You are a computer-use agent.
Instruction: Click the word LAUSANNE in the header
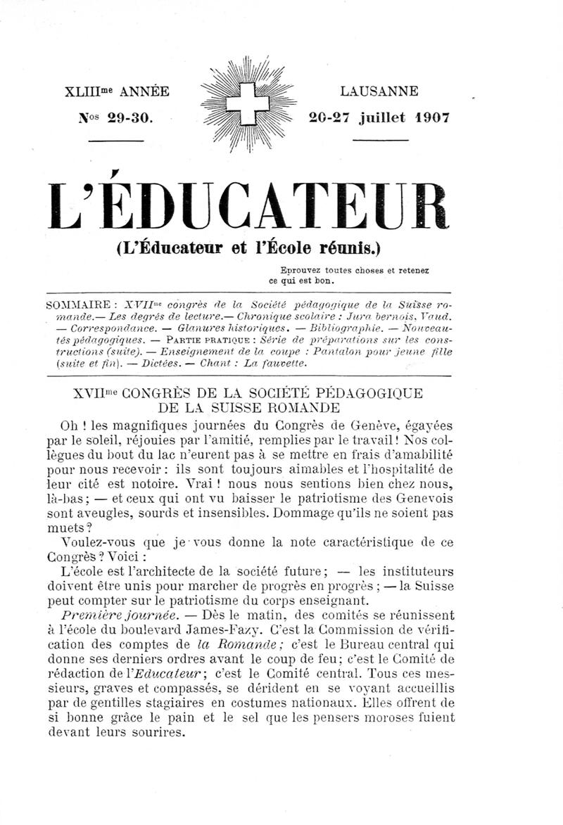point(379,91)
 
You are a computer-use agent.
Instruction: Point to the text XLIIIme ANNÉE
point(116,92)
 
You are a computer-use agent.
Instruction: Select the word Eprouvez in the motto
point(301,269)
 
